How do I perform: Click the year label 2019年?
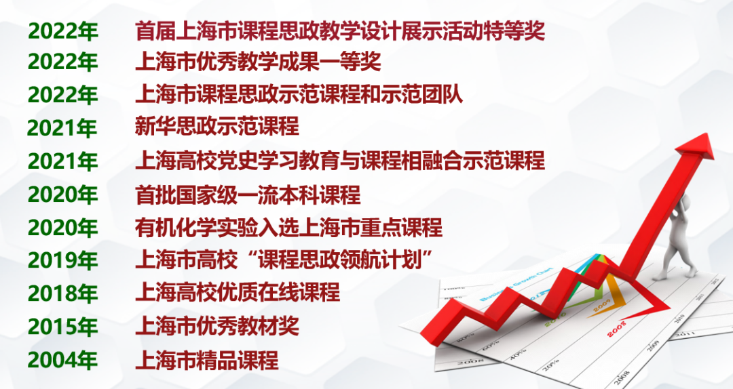click(62, 260)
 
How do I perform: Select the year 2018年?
click(62, 293)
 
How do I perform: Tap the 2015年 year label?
click(62, 327)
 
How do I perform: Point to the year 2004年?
click(62, 360)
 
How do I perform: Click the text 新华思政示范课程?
click(217, 127)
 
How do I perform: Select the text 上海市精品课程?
click(207, 360)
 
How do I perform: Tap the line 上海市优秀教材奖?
click(217, 327)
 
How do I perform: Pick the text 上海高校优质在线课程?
click(238, 293)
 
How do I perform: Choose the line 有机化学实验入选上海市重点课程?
click(288, 228)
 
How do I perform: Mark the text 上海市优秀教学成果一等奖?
click(258, 62)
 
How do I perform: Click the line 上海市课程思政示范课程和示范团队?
click(299, 95)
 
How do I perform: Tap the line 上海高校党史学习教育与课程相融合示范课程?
click(340, 161)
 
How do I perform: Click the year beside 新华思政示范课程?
click(62, 127)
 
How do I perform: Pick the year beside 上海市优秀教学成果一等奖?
click(62, 62)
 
